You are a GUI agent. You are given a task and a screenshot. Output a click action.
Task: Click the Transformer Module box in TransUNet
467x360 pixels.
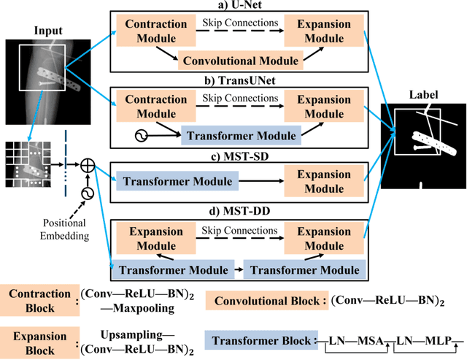(242, 135)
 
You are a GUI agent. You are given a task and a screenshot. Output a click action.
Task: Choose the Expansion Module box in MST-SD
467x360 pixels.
(323, 180)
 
